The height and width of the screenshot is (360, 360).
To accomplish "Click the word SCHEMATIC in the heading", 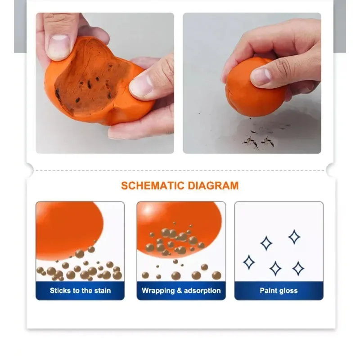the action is pos(153,186).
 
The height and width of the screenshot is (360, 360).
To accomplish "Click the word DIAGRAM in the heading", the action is pos(213,186).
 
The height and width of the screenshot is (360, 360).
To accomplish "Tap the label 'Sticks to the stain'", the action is pos(81,290).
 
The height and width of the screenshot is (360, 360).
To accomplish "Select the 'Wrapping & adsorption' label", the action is pos(181,291).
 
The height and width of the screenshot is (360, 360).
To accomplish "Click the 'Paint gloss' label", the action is pos(279,291).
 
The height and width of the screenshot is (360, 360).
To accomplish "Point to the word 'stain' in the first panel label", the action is pos(103,290).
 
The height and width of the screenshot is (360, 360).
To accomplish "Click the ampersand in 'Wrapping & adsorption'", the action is pos(179,290).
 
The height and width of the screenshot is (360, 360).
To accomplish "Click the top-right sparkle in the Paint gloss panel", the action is pos(294,237).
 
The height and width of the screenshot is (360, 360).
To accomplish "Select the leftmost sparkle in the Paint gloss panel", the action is pos(249,262).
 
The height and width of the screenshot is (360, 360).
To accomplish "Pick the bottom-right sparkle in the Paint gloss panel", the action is pos(298,268).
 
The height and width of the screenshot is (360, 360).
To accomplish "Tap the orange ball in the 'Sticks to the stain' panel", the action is pos(69,229).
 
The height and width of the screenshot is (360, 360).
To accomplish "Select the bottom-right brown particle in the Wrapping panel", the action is pos(216,275).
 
